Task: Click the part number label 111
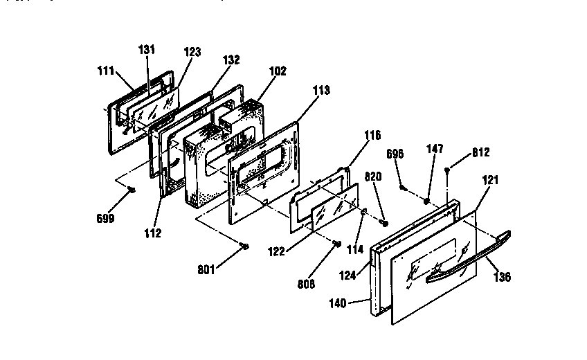pos(105,71)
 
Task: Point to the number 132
pos(231,60)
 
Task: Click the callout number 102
pos(278,70)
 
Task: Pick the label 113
pos(321,90)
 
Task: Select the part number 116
pos(372,136)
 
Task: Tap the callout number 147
pos(434,150)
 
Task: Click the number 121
pos(490,180)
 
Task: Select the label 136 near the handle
pos(503,278)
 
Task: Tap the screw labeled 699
pos(131,190)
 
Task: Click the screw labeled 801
pos(244,246)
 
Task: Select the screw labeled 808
pos(336,243)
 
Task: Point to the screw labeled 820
pos(386,223)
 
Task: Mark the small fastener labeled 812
pos(449,170)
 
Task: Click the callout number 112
pos(154,233)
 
